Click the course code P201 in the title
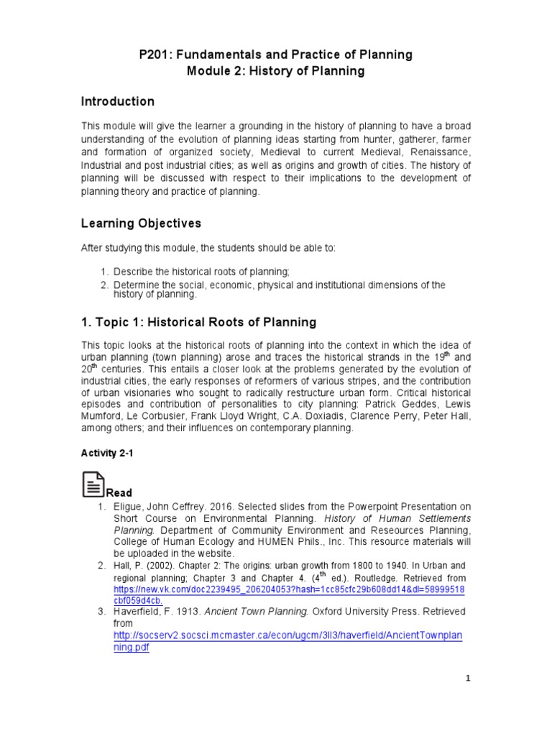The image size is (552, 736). [154, 55]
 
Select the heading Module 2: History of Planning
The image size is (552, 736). [275, 71]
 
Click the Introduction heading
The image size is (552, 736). [117, 101]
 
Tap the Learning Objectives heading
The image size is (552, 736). [141, 224]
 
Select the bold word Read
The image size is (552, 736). [119, 493]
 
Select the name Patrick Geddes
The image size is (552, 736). [400, 405]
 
